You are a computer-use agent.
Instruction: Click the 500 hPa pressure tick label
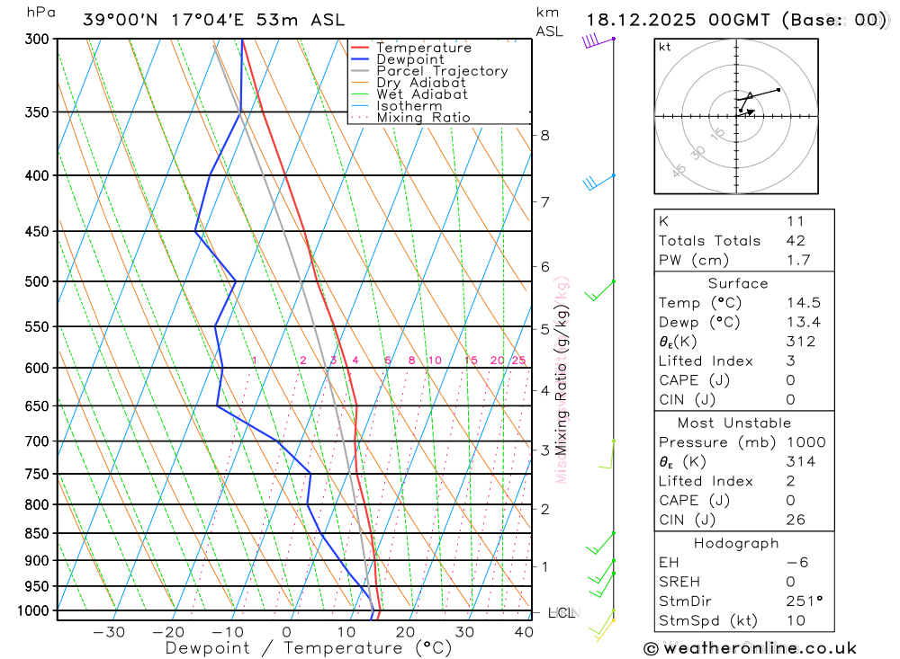click(x=37, y=281)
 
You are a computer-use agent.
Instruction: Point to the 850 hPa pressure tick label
click(x=37, y=533)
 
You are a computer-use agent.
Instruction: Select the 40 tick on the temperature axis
click(x=523, y=632)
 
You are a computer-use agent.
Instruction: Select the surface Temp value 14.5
click(x=803, y=303)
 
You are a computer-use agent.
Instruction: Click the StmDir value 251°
click(x=803, y=601)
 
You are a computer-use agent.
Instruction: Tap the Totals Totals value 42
click(x=795, y=240)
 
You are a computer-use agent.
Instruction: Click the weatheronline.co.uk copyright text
click(x=750, y=647)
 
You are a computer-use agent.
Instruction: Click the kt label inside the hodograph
click(x=665, y=47)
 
